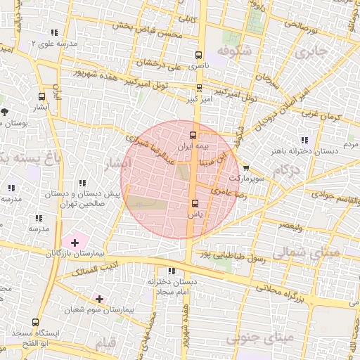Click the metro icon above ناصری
tap(199, 55)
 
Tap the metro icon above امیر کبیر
tap(199, 89)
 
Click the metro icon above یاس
tap(194, 205)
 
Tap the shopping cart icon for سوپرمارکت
tap(245, 168)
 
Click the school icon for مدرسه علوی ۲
tap(55, 32)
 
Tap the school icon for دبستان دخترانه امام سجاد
tap(171, 271)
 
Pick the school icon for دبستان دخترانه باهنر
tap(304, 139)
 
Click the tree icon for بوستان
tap(5, 111)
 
